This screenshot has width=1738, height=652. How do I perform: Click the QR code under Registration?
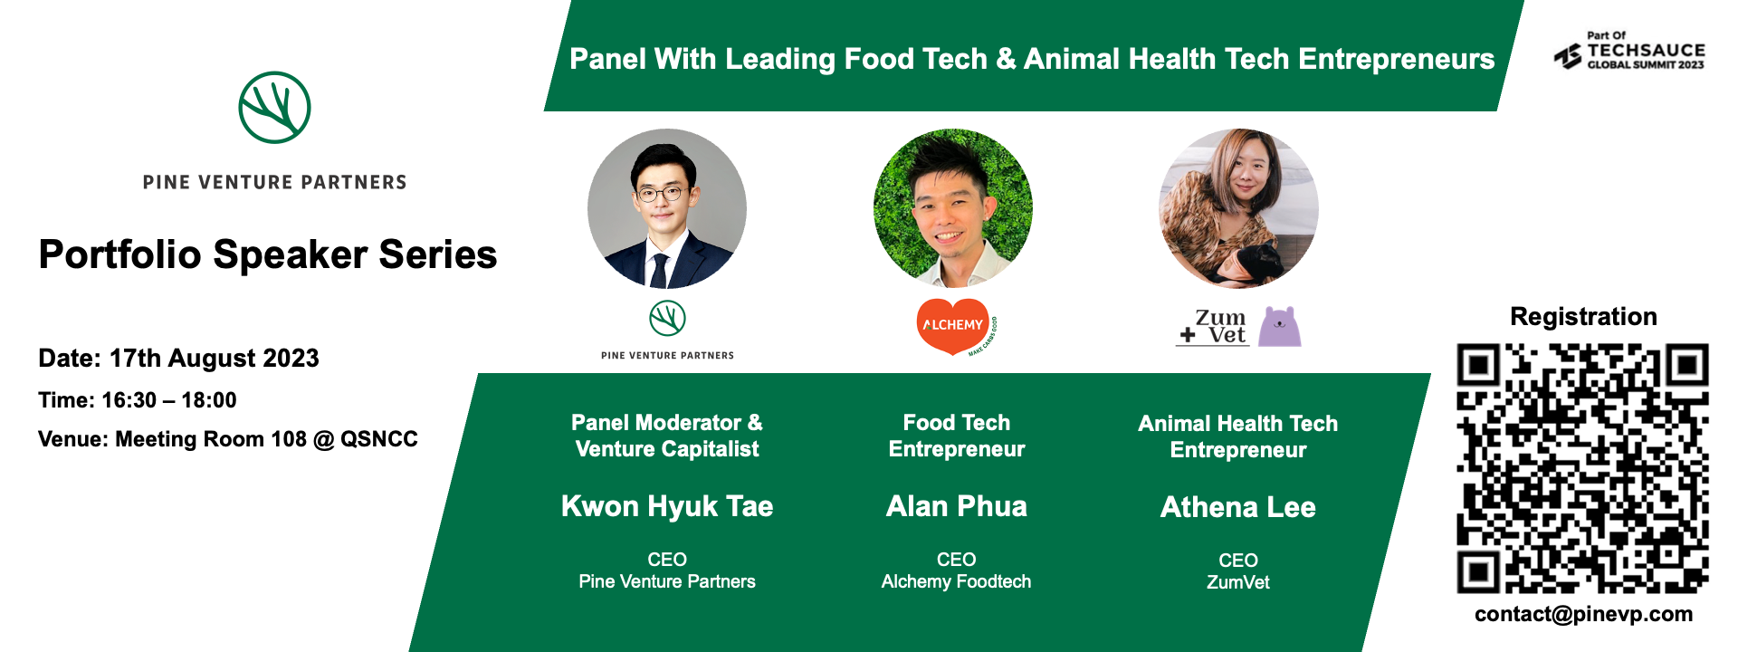point(1582,468)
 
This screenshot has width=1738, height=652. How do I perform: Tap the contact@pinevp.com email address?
point(1583,614)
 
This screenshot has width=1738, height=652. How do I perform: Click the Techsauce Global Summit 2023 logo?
point(1629,53)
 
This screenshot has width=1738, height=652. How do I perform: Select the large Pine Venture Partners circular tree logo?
point(274,108)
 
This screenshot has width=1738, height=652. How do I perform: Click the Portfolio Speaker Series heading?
point(268,254)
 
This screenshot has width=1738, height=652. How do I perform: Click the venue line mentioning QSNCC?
point(227,439)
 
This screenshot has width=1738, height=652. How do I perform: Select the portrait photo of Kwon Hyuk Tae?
point(667,208)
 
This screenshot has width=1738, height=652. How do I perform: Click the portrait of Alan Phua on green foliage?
point(952,208)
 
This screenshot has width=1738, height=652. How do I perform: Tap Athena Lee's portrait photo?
point(1238,208)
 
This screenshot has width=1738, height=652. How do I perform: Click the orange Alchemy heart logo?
point(952,325)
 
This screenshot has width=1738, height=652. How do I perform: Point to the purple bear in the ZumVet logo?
point(1280,327)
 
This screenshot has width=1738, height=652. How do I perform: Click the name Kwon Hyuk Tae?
point(667,506)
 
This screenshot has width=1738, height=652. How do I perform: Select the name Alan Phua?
point(956,506)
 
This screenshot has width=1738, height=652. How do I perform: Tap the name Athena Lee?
point(1237,507)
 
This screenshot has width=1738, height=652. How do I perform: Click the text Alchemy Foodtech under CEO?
point(956,581)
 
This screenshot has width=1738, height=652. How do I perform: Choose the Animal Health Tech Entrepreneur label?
point(1237,436)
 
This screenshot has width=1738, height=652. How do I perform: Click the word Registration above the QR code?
point(1583,317)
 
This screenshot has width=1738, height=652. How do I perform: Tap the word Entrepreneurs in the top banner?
point(1396,59)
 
